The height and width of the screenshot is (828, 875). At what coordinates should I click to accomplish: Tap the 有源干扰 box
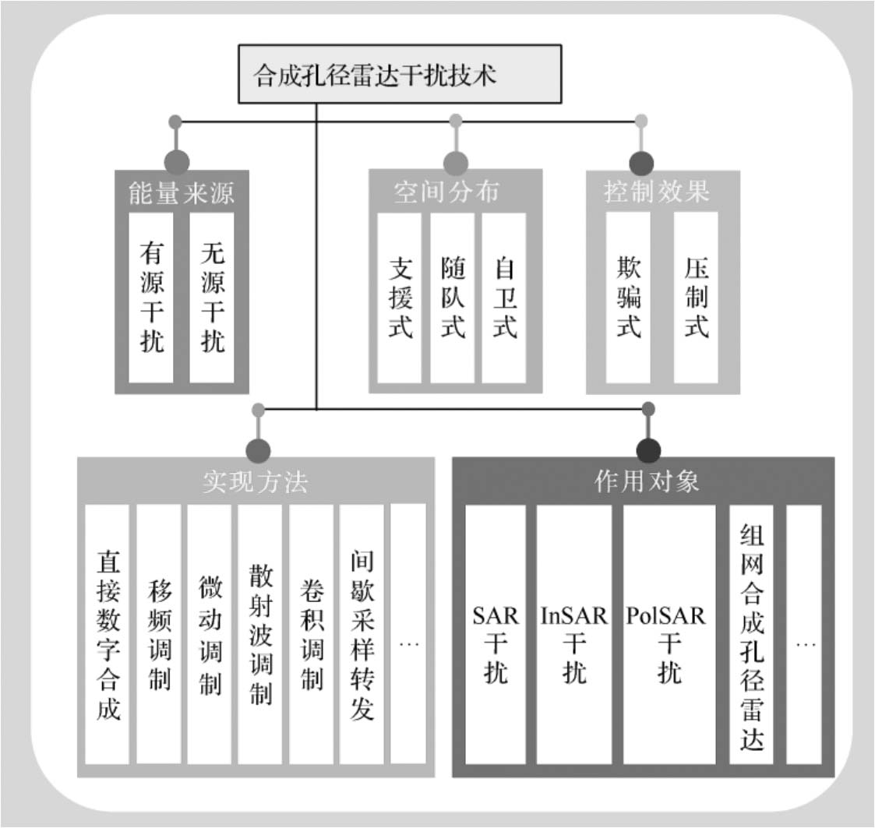151,297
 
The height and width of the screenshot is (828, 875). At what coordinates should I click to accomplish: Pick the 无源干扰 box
212,297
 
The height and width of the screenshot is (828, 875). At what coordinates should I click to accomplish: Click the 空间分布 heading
446,192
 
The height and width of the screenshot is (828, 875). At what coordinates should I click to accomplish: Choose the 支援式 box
400,298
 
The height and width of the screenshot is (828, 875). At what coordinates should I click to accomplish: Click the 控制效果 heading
657,192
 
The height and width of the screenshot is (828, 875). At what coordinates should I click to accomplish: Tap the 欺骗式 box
628,298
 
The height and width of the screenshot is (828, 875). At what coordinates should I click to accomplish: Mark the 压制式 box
696,298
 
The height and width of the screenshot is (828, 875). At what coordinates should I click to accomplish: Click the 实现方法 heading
255,482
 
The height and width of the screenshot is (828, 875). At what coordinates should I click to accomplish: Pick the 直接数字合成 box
108,635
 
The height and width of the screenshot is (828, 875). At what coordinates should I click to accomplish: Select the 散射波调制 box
260,635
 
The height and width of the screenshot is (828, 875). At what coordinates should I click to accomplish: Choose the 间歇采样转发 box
362,635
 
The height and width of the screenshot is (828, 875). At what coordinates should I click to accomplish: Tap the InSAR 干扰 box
574,635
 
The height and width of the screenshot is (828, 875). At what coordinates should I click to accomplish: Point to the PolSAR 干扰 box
669,635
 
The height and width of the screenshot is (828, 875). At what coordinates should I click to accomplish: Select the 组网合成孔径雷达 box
752,635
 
